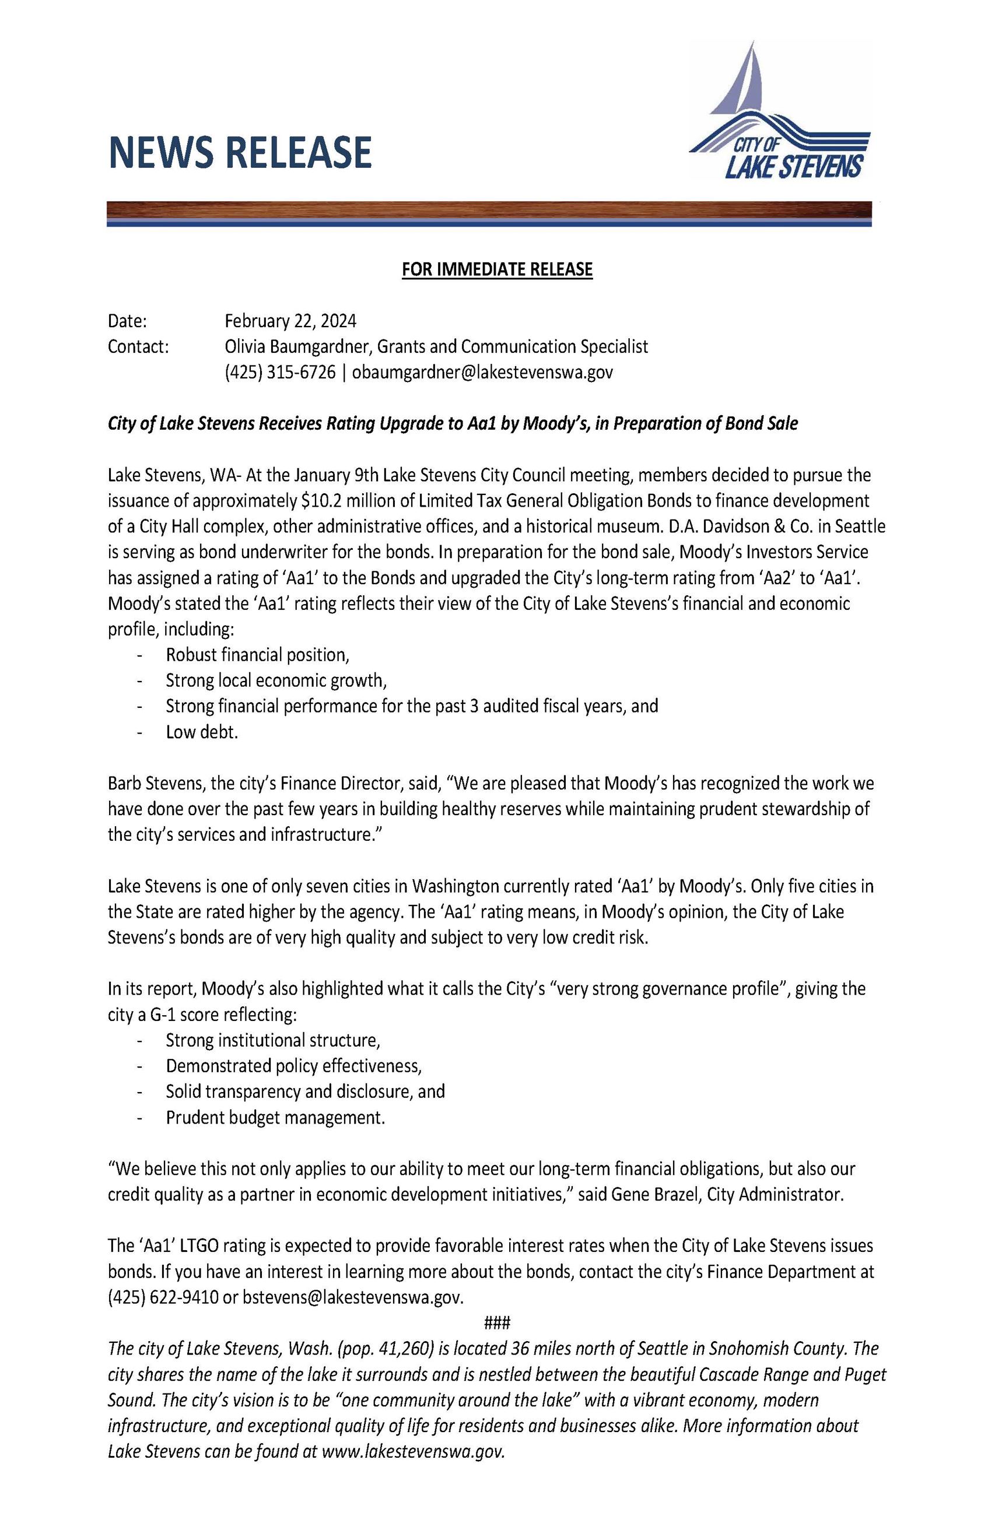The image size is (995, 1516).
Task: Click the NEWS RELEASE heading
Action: click(x=240, y=152)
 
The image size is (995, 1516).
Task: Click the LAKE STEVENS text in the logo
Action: click(x=794, y=166)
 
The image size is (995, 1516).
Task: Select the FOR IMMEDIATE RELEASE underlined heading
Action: click(x=497, y=269)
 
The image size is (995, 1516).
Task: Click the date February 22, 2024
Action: click(x=290, y=320)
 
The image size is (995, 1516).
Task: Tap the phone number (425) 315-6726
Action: click(x=279, y=372)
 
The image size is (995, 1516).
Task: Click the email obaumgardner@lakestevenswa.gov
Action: click(x=482, y=372)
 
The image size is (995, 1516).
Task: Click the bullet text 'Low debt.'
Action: click(x=202, y=732)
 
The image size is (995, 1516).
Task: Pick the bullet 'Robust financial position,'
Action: click(x=257, y=655)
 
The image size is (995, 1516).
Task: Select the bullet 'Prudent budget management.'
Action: click(x=275, y=1118)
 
